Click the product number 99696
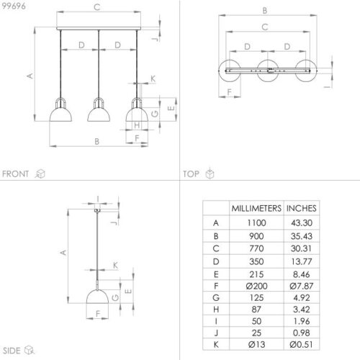(x=14, y=6)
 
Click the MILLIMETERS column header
(x=256, y=208)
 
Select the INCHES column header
(x=302, y=208)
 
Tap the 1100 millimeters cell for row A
(x=256, y=222)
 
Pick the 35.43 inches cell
(x=302, y=236)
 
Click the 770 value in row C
(x=256, y=248)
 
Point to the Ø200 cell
(x=256, y=286)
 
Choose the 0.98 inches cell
(x=302, y=333)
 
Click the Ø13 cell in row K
(x=256, y=344)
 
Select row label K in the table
(x=216, y=344)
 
